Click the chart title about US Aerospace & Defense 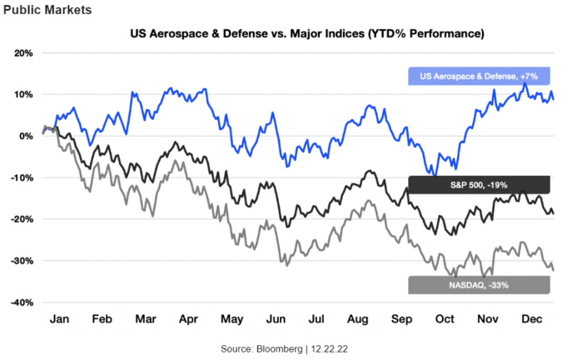coord(307,34)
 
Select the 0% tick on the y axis coord(24,136)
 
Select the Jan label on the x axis coord(58,319)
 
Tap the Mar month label coord(146,319)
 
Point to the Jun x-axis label coord(274,319)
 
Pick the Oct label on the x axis coord(447,319)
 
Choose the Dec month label coord(533,319)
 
